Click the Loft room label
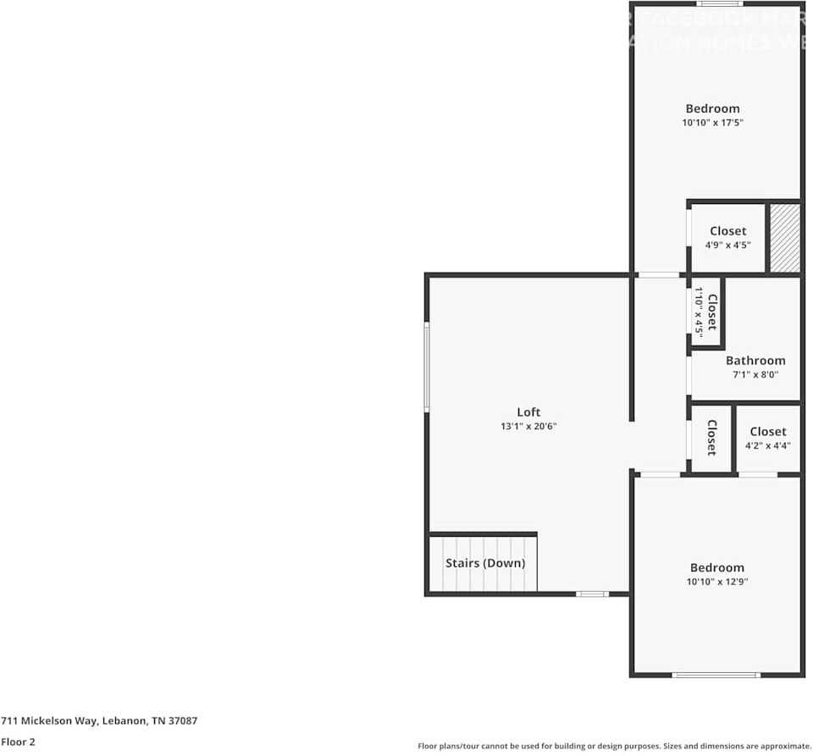tap(528, 412)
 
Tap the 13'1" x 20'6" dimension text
tap(528, 427)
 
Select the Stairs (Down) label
tap(485, 563)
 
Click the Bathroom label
tap(755, 361)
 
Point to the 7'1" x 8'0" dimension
tap(755, 374)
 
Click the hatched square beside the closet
tap(783, 238)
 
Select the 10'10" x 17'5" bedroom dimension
tap(712, 123)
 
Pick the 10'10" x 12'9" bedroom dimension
tap(716, 582)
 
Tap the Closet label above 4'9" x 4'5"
tap(727, 231)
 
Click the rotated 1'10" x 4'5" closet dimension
tap(700, 312)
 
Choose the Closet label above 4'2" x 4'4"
tap(767, 432)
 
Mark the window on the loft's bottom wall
tap(592, 593)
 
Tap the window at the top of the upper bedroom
tap(720, 3)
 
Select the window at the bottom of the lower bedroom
tap(716, 675)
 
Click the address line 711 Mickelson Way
tap(99, 720)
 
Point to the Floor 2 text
tap(18, 742)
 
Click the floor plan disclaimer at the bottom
tap(614, 746)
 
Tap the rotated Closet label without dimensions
tap(711, 438)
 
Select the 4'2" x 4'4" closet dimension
tap(767, 445)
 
